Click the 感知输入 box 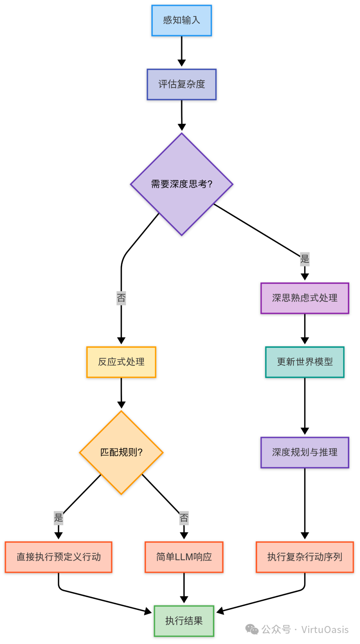tap(181, 21)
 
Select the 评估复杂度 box tap(181, 84)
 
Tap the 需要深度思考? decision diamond tap(181, 184)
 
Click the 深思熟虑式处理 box tap(304, 298)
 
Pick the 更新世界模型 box tap(304, 362)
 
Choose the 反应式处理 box tap(121, 362)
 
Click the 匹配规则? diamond tap(121, 452)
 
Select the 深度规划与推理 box tap(304, 452)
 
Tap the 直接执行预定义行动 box tap(58, 557)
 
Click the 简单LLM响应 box tap(184, 557)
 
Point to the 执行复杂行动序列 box tap(304, 557)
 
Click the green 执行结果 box tap(184, 621)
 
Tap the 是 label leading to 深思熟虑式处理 tap(304, 259)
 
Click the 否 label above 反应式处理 tap(121, 298)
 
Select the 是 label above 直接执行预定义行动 tap(58, 518)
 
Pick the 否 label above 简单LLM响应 tap(184, 518)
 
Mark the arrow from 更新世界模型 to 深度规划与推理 tap(304, 405)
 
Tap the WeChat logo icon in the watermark tap(252, 629)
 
